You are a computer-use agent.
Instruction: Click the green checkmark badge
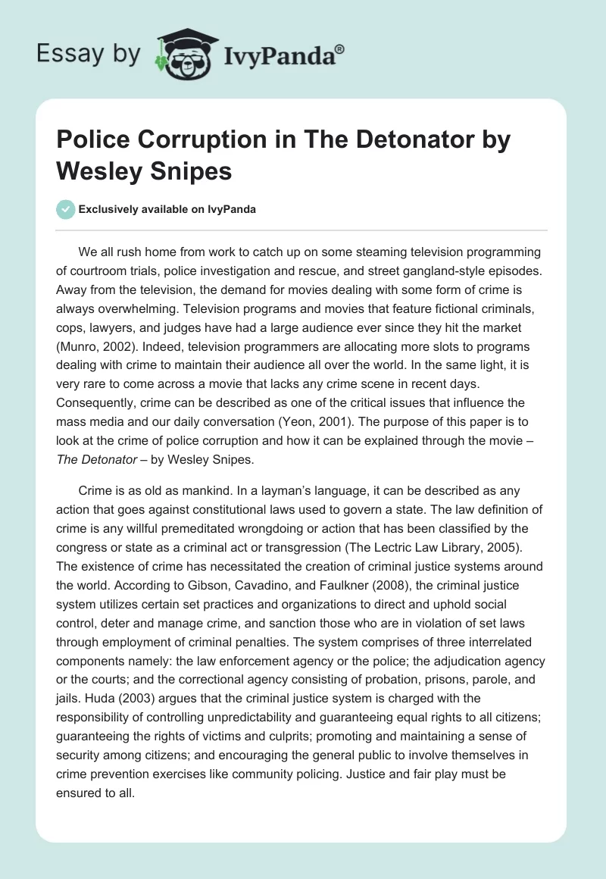point(67,209)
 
